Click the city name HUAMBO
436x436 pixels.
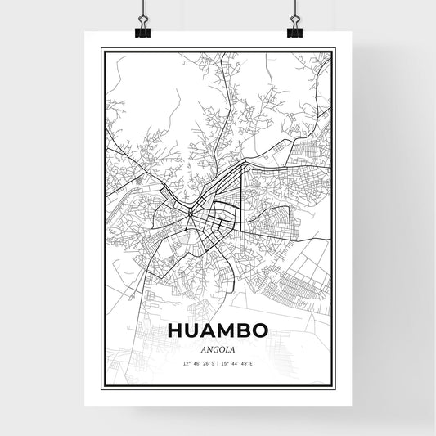pos(218,330)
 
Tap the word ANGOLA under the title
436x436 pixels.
pos(218,349)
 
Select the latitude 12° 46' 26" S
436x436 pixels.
pos(197,362)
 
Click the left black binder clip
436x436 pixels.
pos(144,29)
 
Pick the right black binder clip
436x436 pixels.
pos(294,29)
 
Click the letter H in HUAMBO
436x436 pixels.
pos(174,330)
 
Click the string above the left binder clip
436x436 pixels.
pos(144,8)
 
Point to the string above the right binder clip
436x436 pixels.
pos(294,8)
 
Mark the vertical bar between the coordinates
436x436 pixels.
pos(218,362)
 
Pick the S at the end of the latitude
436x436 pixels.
pos(213,362)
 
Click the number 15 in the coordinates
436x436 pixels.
pos(225,362)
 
